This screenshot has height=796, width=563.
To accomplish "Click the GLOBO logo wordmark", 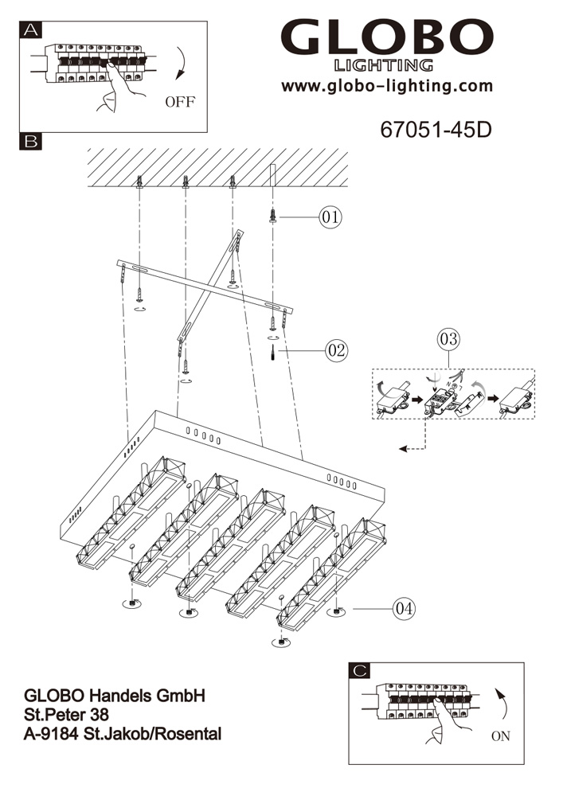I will (387, 39).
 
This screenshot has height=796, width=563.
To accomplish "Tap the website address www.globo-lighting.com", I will (387, 86).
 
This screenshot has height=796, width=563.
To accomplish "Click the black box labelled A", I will (31, 31).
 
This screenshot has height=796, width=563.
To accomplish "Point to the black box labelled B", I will (31, 142).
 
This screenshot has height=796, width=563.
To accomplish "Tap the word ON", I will (500, 736).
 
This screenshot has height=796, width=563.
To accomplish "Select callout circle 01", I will (330, 217).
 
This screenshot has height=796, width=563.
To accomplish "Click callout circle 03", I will (448, 339).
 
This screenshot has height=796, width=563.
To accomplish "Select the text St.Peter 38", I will (68, 715).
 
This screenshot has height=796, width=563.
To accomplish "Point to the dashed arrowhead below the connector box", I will (403, 450).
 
